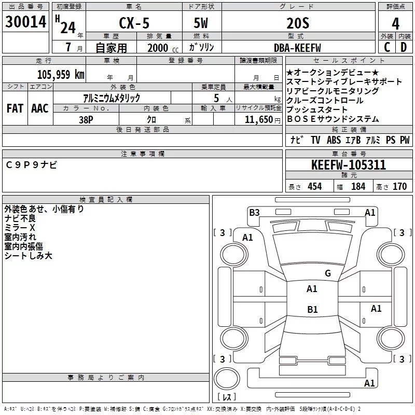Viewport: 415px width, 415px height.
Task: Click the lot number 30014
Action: [25, 22]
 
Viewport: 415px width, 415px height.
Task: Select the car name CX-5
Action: [134, 23]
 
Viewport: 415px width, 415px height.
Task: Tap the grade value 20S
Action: [298, 23]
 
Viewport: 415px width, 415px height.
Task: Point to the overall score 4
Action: [395, 24]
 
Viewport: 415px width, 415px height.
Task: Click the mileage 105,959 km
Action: [61, 75]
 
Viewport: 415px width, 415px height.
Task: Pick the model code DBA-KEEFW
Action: [297, 48]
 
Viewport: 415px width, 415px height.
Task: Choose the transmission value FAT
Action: [15, 108]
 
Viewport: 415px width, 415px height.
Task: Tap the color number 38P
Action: [86, 120]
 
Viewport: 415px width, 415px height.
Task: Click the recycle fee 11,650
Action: [259, 120]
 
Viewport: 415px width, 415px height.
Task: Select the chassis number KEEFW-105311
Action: [349, 165]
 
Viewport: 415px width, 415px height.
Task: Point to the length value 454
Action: [315, 186]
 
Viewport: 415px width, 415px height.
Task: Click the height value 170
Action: [399, 186]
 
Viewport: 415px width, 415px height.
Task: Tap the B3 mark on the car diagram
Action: [254, 213]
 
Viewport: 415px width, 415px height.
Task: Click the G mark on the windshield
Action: [328, 273]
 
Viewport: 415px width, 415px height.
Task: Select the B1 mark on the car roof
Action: [312, 309]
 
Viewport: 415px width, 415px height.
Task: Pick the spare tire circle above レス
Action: [227, 379]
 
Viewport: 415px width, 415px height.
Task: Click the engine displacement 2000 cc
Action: [163, 48]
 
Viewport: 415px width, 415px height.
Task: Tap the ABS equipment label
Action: [334, 140]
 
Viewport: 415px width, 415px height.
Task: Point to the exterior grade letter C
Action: [387, 47]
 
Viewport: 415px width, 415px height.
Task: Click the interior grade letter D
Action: [404, 47]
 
